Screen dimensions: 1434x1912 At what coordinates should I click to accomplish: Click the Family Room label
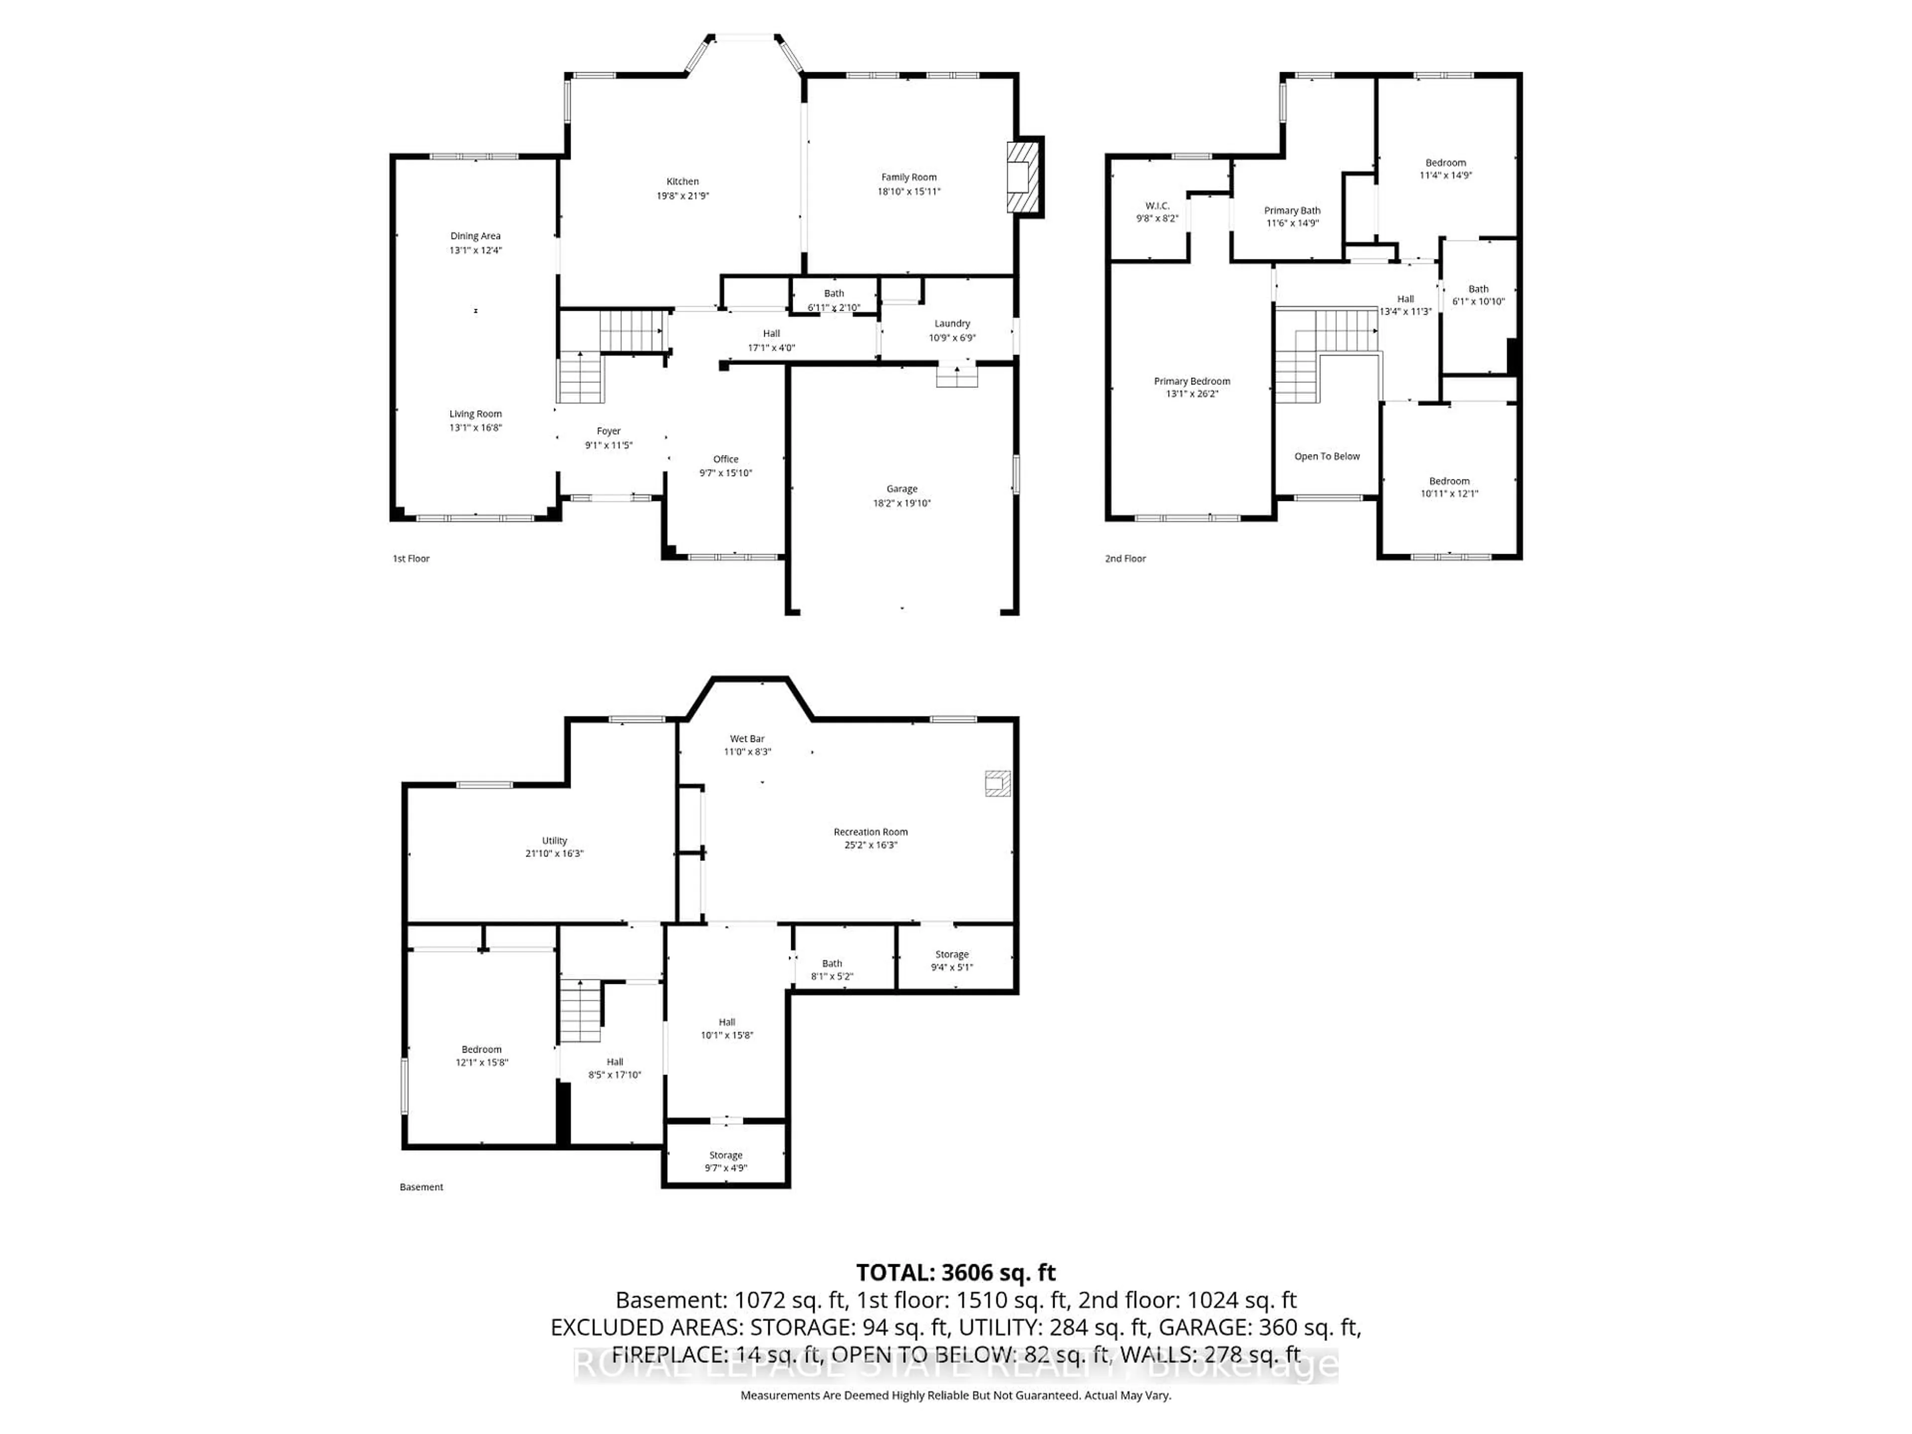pyautogui.click(x=909, y=177)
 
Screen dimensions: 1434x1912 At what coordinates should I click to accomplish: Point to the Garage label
pyautogui.click(x=902, y=489)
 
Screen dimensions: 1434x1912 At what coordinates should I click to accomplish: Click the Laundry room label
pyautogui.click(x=952, y=323)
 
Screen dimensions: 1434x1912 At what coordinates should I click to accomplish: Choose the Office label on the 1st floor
pyautogui.click(x=725, y=459)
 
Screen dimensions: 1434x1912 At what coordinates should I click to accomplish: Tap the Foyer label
pyautogui.click(x=608, y=431)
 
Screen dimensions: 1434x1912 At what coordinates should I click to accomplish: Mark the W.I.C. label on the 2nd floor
pyautogui.click(x=1157, y=206)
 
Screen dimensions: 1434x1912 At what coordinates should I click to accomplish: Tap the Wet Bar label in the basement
pyautogui.click(x=747, y=739)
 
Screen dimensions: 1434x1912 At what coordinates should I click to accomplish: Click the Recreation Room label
pyautogui.click(x=870, y=832)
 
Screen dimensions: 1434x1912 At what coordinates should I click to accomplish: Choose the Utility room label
pyautogui.click(x=554, y=840)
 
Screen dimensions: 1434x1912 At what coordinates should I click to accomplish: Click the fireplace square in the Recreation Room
pyautogui.click(x=997, y=783)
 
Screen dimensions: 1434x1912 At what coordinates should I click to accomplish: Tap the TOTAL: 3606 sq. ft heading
pyautogui.click(x=955, y=1272)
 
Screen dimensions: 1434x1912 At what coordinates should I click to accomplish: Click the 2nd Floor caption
pyautogui.click(x=1125, y=558)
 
